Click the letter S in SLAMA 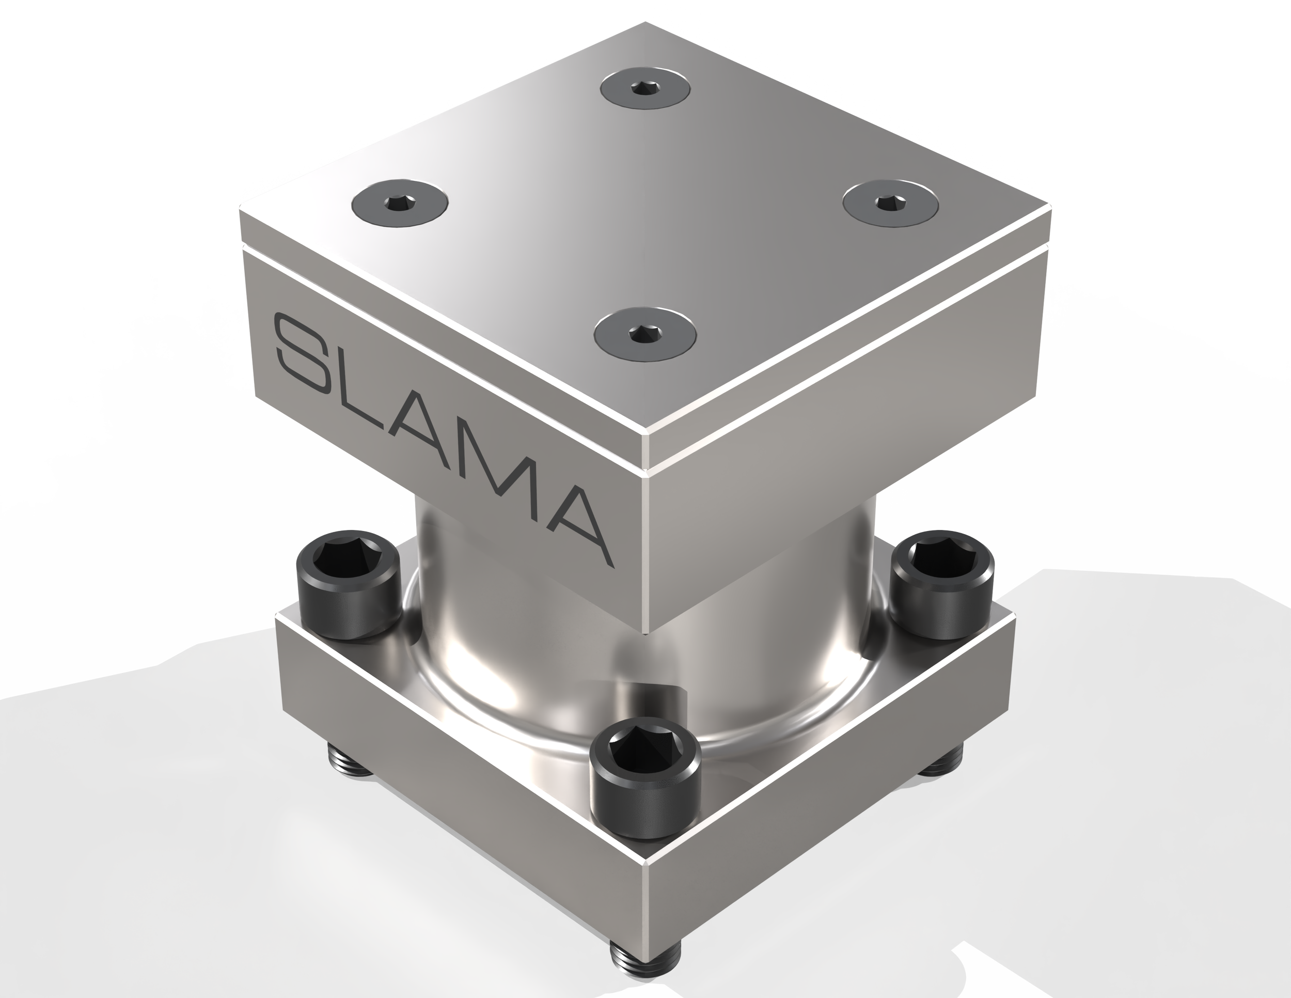tap(307, 355)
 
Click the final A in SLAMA tap(576, 520)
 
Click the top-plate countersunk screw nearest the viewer tap(645, 335)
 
